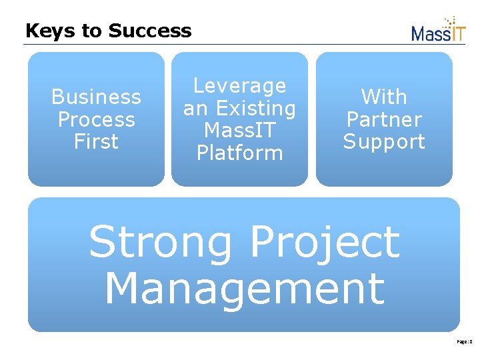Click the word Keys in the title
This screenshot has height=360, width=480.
[44, 31]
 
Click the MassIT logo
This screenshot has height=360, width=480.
[438, 31]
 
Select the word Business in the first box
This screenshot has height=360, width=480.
[96, 97]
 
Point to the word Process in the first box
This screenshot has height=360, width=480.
[96, 120]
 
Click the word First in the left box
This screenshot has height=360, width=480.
[96, 141]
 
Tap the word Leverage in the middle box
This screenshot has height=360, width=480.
[239, 86]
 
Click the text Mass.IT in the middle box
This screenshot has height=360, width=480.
[239, 130]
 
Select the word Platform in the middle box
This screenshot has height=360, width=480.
[239, 153]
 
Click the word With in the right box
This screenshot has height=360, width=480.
[384, 97]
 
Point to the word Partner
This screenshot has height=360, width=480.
[384, 120]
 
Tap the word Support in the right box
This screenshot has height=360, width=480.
[384, 141]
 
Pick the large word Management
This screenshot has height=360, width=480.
[244, 288]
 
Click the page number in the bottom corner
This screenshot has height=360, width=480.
[465, 341]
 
